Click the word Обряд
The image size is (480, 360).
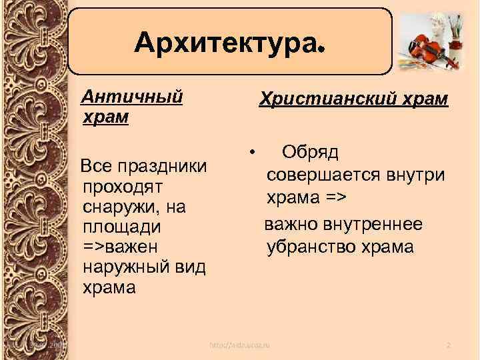click(x=310, y=152)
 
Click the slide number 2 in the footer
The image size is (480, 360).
click(x=449, y=345)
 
